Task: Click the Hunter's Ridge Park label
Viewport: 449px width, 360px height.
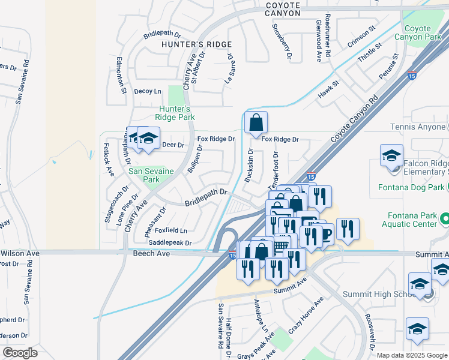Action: (x=174, y=113)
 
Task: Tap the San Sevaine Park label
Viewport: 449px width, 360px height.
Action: (x=151, y=175)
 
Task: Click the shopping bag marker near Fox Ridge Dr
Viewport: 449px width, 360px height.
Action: (x=256, y=124)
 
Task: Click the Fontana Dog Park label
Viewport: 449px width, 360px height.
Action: (x=411, y=187)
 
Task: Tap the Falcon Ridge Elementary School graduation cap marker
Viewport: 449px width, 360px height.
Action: (x=391, y=155)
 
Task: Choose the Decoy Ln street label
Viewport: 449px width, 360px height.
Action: (x=148, y=91)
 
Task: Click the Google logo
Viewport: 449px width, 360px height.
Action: (x=20, y=353)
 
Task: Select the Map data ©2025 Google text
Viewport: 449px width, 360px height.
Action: (x=411, y=355)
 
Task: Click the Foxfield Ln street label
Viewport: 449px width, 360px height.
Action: (x=171, y=230)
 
